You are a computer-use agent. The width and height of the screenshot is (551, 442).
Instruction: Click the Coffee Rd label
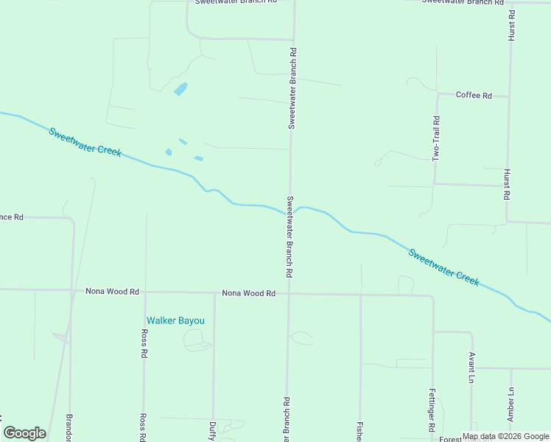coord(474,95)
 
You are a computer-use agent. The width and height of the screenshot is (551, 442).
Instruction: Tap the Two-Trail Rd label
coord(436,138)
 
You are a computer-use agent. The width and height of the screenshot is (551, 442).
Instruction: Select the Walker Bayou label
coord(175,320)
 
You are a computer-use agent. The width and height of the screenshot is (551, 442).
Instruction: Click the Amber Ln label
coord(510,405)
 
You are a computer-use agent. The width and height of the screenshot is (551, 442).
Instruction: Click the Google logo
coord(24,433)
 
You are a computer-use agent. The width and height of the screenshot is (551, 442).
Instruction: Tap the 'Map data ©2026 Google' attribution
coord(505,436)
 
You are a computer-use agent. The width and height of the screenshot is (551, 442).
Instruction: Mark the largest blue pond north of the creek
coord(180,90)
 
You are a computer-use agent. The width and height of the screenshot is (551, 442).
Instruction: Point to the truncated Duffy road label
coord(212,430)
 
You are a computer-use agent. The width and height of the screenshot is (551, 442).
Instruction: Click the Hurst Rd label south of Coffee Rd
coord(507,185)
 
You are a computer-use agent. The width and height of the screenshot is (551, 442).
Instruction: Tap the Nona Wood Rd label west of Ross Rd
coord(112,292)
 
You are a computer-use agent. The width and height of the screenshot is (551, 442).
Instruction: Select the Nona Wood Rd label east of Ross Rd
coord(248,293)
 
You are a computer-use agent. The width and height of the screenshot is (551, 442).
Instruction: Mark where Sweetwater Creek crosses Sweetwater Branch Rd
coord(289,212)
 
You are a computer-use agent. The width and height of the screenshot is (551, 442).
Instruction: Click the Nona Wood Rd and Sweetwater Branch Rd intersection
coord(289,293)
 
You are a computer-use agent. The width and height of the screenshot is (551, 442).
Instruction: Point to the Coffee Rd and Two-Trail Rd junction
coord(437,94)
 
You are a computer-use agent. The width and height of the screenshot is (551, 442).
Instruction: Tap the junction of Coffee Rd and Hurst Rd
coord(508,96)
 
